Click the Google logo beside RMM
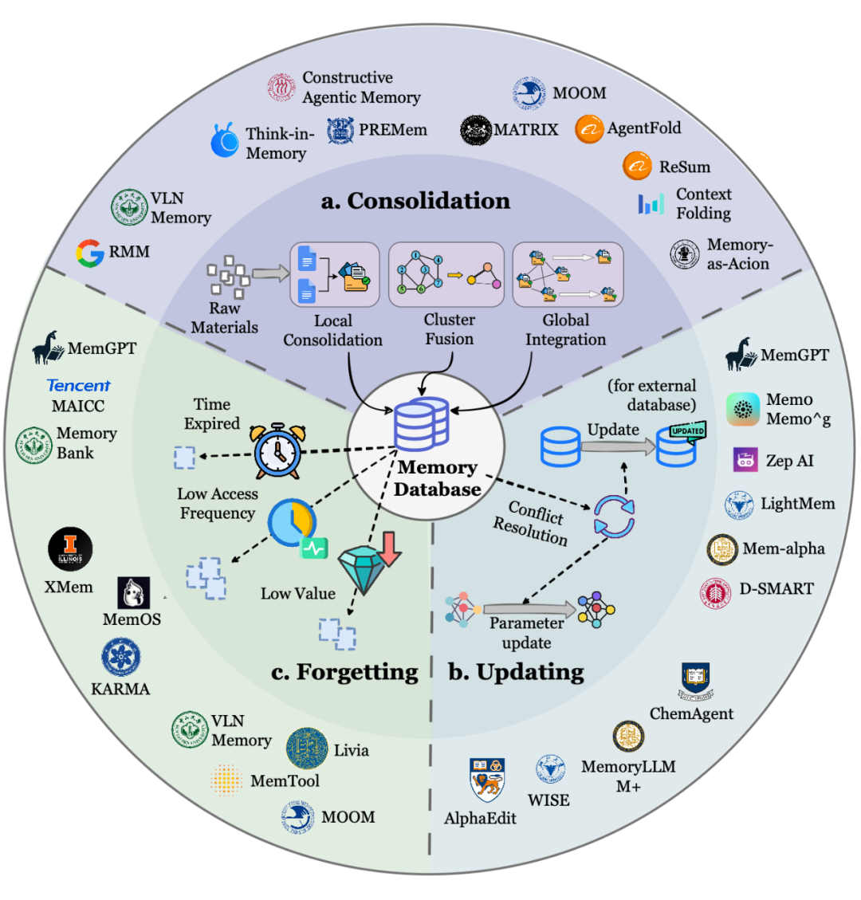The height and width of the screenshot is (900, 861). coord(90,253)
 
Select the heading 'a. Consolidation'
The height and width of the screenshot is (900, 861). coord(415,201)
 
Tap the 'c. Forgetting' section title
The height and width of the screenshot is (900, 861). coord(344,672)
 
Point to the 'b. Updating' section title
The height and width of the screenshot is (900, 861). coord(516,672)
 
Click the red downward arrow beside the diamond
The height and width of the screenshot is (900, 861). coord(390,548)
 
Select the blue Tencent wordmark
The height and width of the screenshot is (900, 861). coord(78,386)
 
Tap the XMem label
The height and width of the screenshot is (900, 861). coord(69,588)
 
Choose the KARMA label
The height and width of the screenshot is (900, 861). coord(120,689)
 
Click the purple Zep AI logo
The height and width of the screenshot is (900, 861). coord(745,460)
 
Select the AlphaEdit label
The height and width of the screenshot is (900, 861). coord(480,819)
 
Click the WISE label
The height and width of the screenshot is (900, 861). coord(548,800)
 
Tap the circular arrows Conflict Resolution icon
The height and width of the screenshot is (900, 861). coord(614,515)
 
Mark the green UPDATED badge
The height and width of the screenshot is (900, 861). coord(687,430)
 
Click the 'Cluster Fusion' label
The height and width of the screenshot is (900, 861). coord(449,329)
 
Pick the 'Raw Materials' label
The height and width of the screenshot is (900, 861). coord(224,318)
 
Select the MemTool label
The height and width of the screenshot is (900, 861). coord(285,781)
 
